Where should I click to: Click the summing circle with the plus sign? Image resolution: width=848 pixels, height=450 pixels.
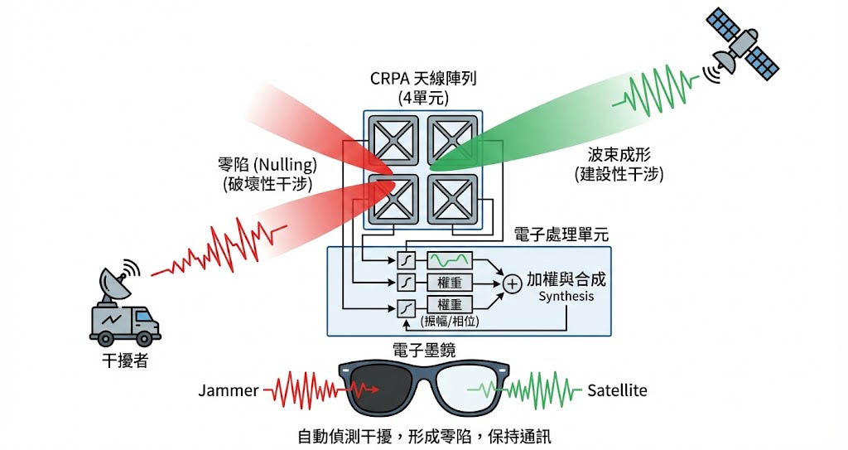[x=513, y=283]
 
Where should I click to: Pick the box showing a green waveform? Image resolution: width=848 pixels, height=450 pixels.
[x=450, y=260]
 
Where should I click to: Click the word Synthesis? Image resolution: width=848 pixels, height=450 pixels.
[x=566, y=296]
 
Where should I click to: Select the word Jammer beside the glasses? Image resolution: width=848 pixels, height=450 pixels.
[x=229, y=390]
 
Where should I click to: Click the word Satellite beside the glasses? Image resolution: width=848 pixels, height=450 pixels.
[x=617, y=390]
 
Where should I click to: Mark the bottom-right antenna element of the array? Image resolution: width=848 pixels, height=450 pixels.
[x=453, y=199]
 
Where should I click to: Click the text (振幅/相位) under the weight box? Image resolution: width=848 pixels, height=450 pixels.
[x=450, y=320]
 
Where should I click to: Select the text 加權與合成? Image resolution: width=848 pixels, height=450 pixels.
[x=566, y=279]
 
